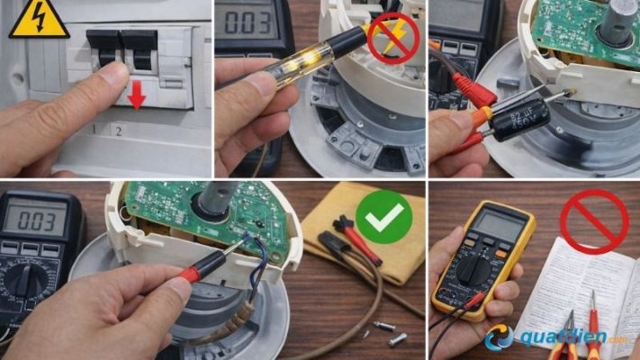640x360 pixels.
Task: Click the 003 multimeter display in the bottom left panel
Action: point(36,218)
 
